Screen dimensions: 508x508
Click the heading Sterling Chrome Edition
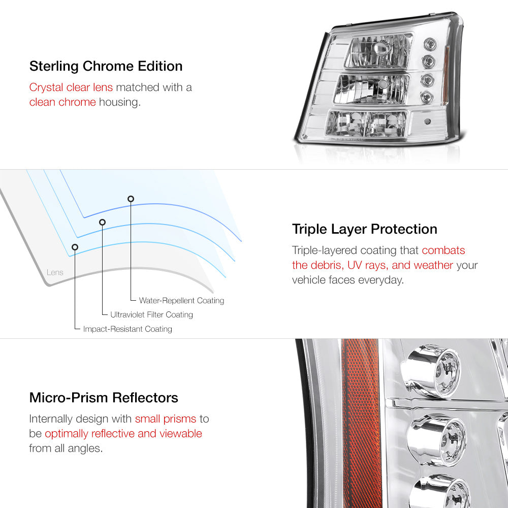click(x=106, y=67)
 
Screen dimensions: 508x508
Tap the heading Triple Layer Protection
click(x=364, y=229)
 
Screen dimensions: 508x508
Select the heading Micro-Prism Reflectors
click(x=104, y=397)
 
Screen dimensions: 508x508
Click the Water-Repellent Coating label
click(x=181, y=301)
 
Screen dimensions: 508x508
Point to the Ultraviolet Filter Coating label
click(x=151, y=315)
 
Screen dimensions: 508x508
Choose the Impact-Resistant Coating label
click(x=128, y=329)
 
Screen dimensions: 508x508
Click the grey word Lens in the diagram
click(x=55, y=272)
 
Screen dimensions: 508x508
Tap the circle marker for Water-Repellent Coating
click(x=131, y=199)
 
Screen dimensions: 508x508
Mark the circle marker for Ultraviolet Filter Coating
click(x=102, y=222)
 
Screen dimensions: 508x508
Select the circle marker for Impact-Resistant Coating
click(x=75, y=247)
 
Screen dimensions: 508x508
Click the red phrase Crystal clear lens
click(x=71, y=87)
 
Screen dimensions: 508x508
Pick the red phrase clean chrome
click(x=62, y=102)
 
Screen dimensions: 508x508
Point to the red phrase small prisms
click(x=165, y=419)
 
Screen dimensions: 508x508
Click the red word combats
click(x=443, y=250)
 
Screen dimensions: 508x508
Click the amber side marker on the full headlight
click(x=450, y=55)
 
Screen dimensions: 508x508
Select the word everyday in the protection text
click(x=380, y=280)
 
